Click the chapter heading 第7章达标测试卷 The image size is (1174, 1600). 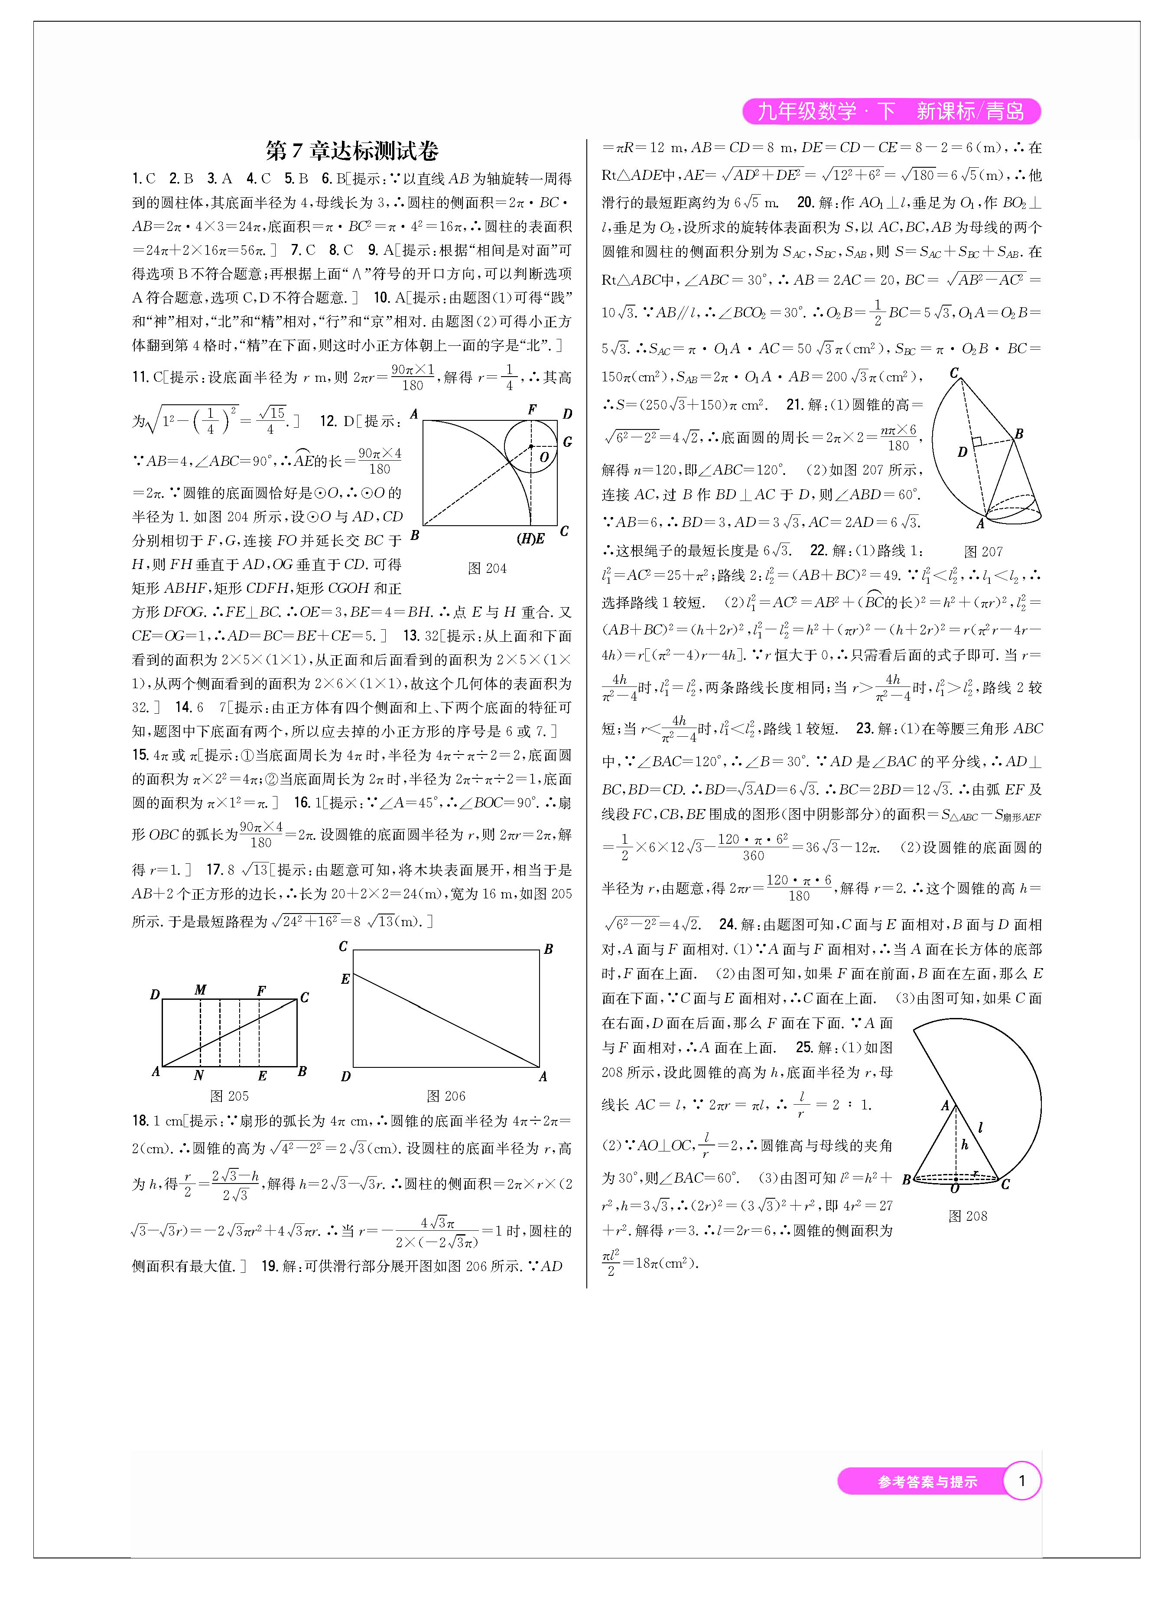(352, 151)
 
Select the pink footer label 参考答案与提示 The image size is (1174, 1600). (927, 1481)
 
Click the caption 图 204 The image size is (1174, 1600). (487, 568)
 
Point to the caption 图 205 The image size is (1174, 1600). (229, 1096)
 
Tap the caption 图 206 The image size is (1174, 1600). (446, 1096)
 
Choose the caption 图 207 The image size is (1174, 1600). (983, 551)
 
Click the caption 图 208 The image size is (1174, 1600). (967, 1216)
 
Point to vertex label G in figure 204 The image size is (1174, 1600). (567, 442)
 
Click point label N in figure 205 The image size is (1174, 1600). (198, 1075)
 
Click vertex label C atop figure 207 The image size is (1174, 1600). (954, 373)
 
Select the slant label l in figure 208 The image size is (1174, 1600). (981, 1126)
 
